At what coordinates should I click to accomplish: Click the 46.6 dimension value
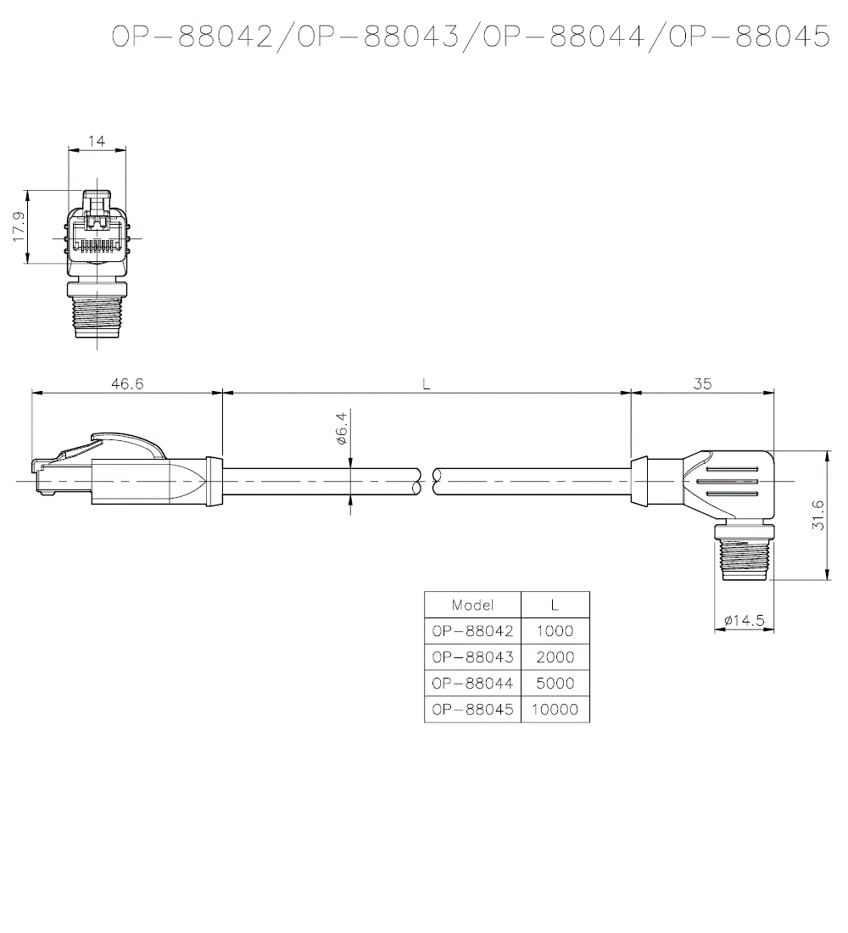click(127, 383)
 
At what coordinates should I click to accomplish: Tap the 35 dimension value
click(702, 383)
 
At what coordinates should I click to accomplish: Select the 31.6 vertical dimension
click(817, 515)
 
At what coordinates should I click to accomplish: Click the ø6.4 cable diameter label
click(342, 429)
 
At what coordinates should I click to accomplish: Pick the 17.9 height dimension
click(19, 226)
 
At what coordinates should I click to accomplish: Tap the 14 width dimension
click(97, 141)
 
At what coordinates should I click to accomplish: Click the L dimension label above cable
click(427, 383)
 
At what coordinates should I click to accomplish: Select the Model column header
click(472, 605)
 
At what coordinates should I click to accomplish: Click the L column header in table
click(555, 605)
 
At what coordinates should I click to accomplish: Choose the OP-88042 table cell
click(472, 631)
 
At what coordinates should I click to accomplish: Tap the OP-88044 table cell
click(472, 684)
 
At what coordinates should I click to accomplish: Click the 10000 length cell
click(555, 710)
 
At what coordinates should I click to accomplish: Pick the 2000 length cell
click(555, 657)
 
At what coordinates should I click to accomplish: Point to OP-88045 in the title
click(748, 36)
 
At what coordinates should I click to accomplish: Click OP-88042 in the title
click(193, 36)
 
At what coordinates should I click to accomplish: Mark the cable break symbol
click(427, 482)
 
